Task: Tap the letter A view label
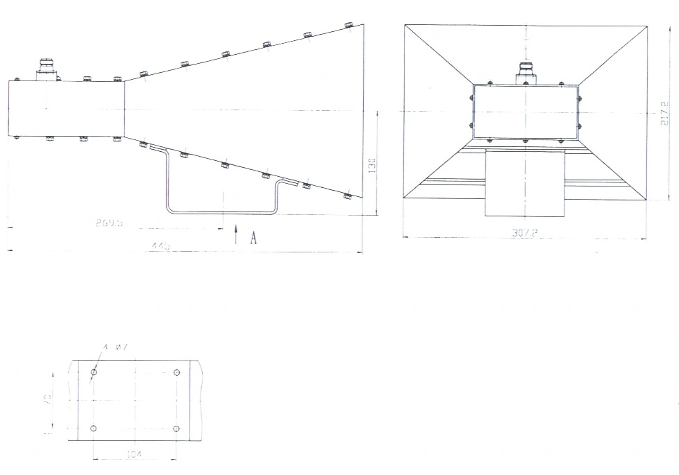[253, 238]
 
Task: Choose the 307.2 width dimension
[525, 234]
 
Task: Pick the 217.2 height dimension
[664, 112]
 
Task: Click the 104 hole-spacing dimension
[135, 454]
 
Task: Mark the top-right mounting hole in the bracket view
[176, 373]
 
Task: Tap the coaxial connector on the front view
[526, 72]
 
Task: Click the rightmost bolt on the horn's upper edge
[349, 26]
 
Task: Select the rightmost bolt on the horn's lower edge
[348, 197]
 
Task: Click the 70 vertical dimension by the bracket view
[48, 400]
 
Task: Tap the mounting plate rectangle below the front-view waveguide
[525, 182]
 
